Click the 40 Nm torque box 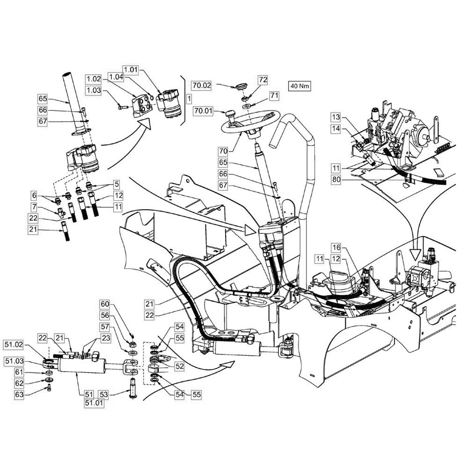click(x=300, y=86)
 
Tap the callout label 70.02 click(x=202, y=85)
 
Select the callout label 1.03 click(x=93, y=90)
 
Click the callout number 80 click(x=336, y=180)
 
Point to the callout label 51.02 click(x=14, y=345)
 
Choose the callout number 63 click(x=19, y=395)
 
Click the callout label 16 click(x=336, y=248)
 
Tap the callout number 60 click(x=105, y=304)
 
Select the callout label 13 click(x=336, y=117)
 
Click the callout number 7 click(x=34, y=206)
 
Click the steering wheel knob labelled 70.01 click(x=231, y=115)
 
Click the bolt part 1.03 click(x=123, y=107)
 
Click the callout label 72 click(x=263, y=80)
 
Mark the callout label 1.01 click(x=131, y=70)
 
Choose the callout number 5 click(x=117, y=184)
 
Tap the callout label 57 click(x=105, y=327)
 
